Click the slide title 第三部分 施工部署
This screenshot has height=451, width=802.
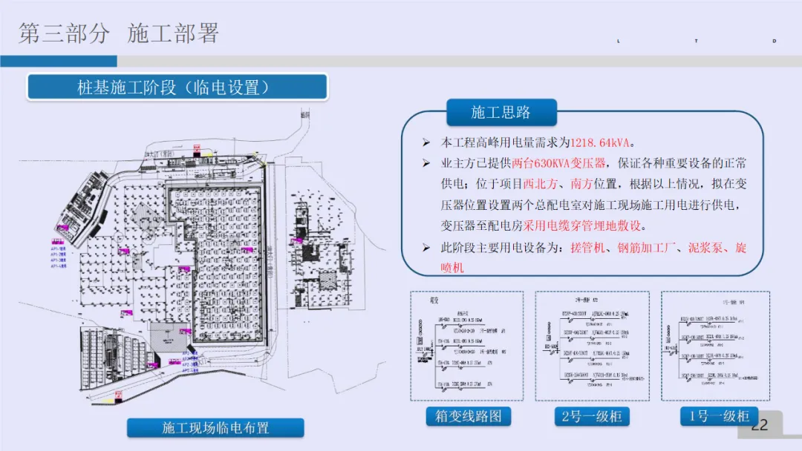point(119,33)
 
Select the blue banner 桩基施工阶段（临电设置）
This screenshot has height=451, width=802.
point(177,88)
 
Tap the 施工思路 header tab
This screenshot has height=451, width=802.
point(501,113)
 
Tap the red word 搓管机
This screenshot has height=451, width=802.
point(587,247)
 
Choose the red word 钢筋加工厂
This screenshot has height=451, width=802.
point(648,247)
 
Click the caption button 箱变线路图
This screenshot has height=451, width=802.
point(468,416)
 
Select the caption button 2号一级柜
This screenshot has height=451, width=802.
point(592,416)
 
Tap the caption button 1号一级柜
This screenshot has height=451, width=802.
point(719,416)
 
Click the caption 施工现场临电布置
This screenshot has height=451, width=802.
point(215,428)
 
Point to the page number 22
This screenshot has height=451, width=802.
point(760,425)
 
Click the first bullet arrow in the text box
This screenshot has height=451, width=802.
point(426,142)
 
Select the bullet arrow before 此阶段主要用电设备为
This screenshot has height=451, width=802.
point(426,247)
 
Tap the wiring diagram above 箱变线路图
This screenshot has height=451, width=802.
point(466,346)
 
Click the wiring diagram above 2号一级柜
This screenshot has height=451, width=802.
point(592,346)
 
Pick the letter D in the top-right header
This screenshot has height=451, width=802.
point(775,41)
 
